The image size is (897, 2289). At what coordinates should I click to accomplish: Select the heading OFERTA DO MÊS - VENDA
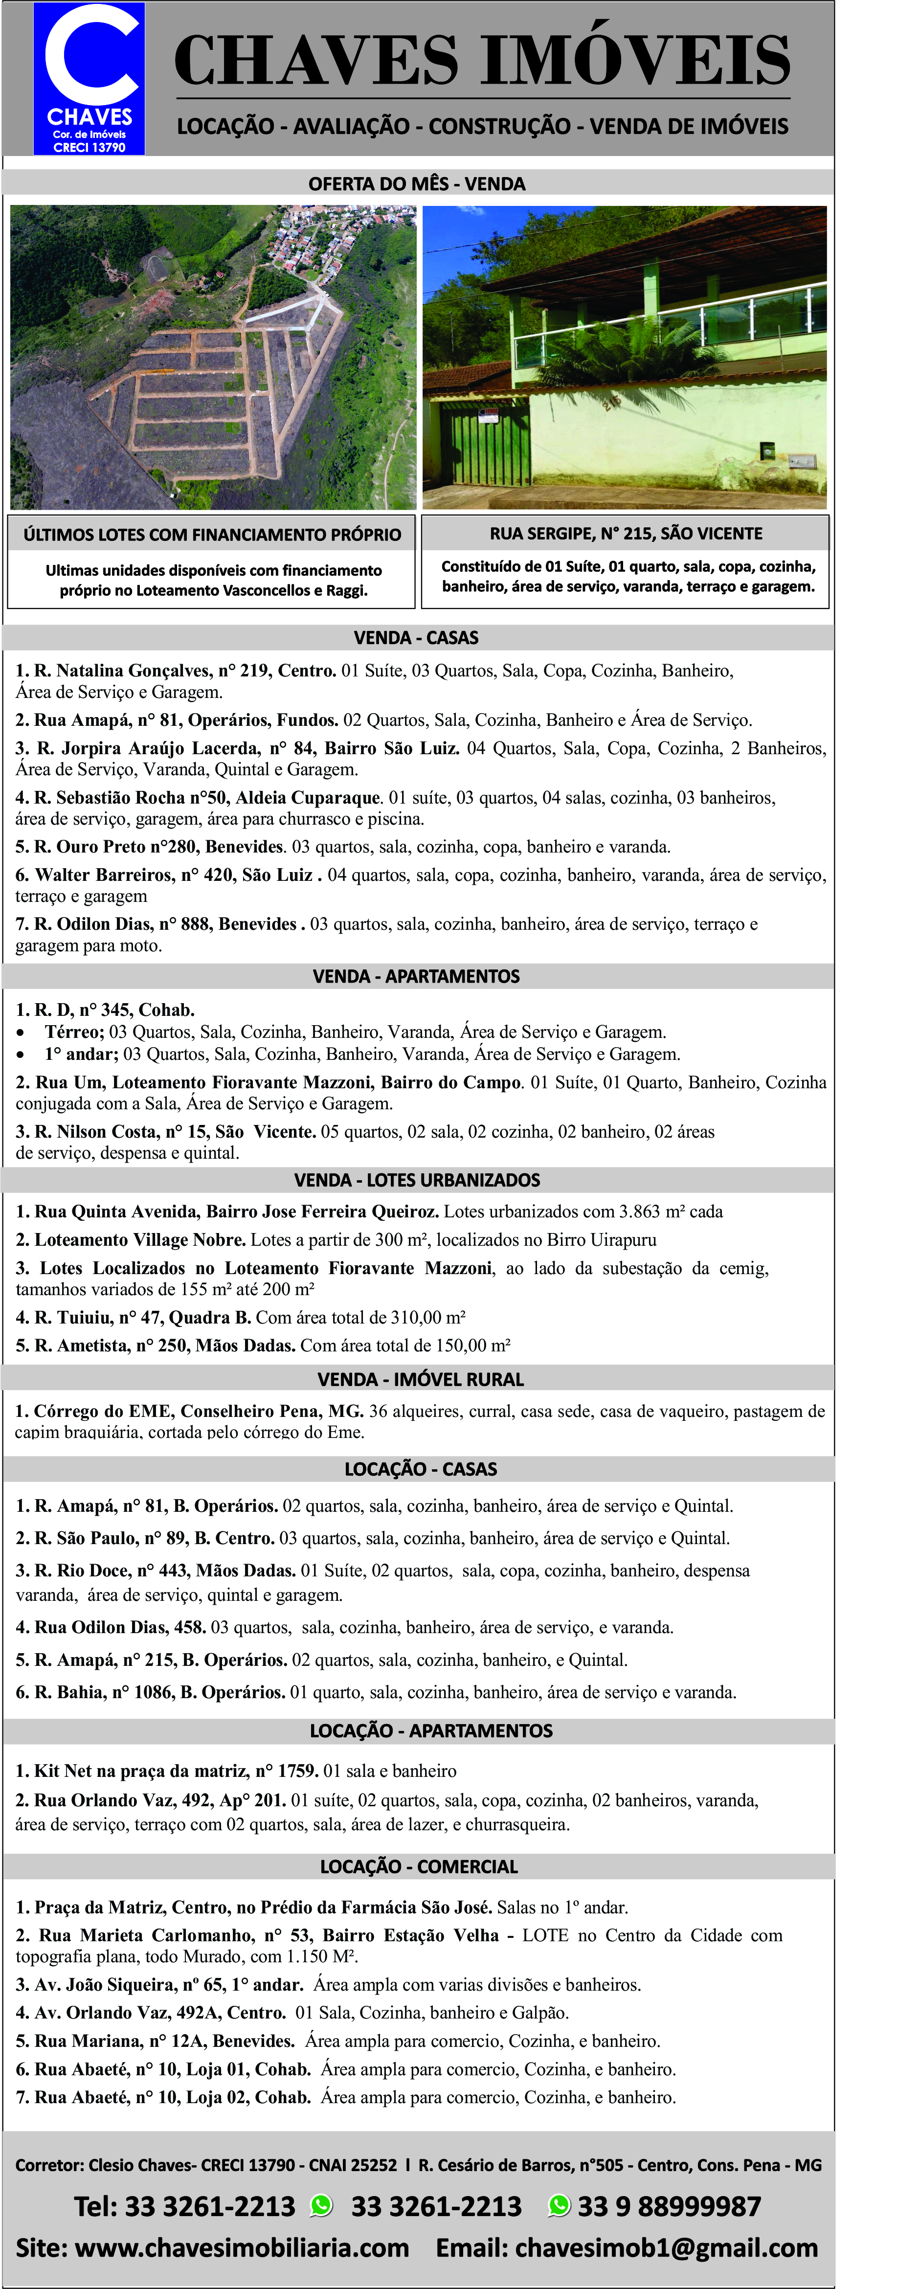[x=416, y=184]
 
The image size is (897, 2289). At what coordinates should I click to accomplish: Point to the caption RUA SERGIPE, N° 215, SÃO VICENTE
[x=625, y=533]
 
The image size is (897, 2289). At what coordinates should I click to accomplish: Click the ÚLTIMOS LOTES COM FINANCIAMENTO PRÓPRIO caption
[x=212, y=535]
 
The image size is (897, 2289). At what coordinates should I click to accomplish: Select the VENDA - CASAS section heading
[x=416, y=638]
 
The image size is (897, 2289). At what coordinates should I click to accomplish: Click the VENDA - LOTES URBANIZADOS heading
[x=416, y=1180]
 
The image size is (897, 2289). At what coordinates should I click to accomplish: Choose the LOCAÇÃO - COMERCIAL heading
[x=418, y=1866]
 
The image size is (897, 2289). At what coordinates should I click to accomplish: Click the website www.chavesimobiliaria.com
[x=242, y=2248]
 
